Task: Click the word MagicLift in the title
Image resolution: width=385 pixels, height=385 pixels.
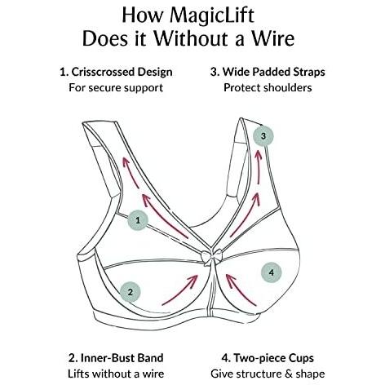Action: (212, 16)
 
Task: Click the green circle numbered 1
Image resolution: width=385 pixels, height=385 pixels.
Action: (138, 220)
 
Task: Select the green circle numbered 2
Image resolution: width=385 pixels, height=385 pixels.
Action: (131, 292)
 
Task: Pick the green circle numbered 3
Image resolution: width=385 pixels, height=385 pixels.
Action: (263, 136)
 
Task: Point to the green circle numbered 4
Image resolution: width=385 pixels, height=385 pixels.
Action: (271, 272)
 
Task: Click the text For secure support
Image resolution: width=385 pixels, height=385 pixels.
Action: (116, 88)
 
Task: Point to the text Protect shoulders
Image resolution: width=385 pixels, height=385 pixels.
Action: (268, 88)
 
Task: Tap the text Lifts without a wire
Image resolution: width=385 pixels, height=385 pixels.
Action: (116, 374)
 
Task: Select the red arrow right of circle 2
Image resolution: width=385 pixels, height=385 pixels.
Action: (180, 290)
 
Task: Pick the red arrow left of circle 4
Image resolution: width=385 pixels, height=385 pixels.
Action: (241, 290)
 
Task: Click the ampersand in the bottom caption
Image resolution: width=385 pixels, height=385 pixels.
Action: (289, 374)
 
